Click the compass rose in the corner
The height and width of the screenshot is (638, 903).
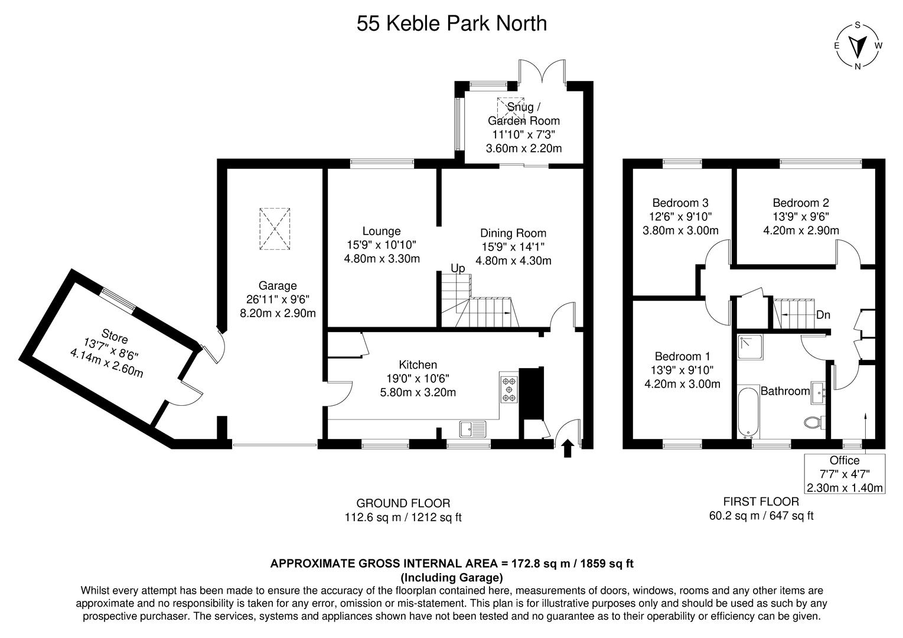858,45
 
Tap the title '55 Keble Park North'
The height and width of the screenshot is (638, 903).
451,24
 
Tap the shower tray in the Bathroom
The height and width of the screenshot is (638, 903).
749,347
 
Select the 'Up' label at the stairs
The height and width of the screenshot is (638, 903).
458,268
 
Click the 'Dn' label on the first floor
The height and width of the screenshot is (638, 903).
823,315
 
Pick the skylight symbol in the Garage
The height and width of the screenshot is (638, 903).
275,229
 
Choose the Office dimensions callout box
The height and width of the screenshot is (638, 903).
845,474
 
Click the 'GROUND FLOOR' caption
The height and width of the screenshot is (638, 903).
403,503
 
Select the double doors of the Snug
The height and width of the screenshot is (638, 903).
542,72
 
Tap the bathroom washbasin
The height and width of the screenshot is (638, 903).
819,390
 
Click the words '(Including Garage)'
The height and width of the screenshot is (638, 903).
451,577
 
